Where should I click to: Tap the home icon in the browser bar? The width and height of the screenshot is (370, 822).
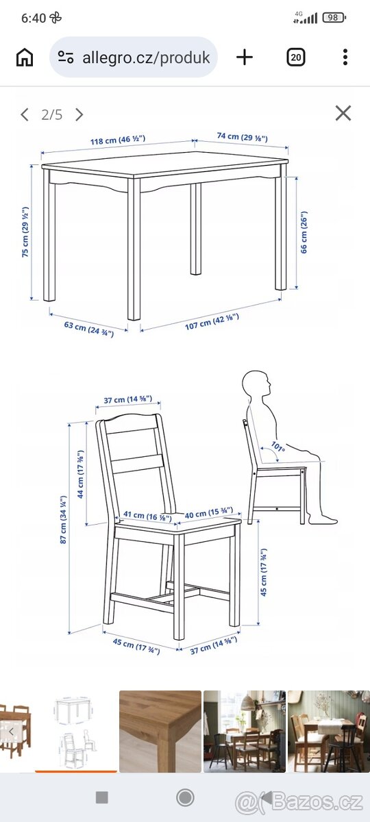click(x=25, y=58)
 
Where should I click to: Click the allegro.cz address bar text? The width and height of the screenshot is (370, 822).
click(x=146, y=58)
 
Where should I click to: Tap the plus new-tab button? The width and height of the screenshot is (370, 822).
click(x=245, y=58)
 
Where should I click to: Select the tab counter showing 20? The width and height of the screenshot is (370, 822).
click(x=295, y=58)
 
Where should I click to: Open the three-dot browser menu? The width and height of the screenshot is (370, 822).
click(x=345, y=58)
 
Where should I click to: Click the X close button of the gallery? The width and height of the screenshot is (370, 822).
click(x=343, y=113)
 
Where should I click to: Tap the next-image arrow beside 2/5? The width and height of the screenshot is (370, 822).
click(x=79, y=115)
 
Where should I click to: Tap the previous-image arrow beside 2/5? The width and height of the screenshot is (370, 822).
click(x=25, y=115)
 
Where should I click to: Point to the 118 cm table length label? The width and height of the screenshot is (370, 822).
click(x=118, y=140)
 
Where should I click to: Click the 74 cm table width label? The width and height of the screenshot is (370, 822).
click(x=243, y=137)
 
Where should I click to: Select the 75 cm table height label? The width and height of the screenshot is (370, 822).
click(x=25, y=232)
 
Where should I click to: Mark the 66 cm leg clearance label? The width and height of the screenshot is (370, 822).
click(x=304, y=232)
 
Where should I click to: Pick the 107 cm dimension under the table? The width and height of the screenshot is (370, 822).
click(x=212, y=322)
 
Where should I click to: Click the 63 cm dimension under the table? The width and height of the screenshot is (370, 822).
click(x=89, y=329)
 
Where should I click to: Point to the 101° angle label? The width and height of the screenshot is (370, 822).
click(x=278, y=447)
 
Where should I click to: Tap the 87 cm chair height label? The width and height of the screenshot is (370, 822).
click(x=63, y=520)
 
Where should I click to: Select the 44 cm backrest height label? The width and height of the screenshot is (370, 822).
click(x=80, y=474)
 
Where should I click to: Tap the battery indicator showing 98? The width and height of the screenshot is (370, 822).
click(x=333, y=17)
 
